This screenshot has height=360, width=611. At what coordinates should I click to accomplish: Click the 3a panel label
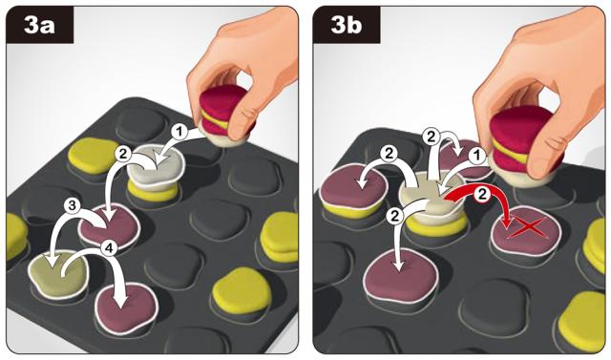click(x=39, y=26)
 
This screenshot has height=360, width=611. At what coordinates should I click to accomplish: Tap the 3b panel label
click(x=346, y=26)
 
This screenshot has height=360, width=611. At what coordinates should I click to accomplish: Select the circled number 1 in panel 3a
click(x=179, y=132)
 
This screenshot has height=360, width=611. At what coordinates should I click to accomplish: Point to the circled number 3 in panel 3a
click(x=73, y=206)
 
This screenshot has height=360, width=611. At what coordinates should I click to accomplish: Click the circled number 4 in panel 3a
click(x=109, y=247)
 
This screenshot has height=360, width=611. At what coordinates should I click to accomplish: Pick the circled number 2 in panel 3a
click(x=123, y=154)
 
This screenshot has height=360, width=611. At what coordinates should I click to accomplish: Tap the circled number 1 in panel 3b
click(x=475, y=157)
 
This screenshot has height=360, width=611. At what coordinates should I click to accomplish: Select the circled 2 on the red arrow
click(x=482, y=195)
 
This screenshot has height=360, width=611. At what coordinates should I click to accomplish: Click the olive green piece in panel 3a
click(x=58, y=274)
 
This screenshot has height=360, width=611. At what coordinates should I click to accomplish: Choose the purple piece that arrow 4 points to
click(x=126, y=307)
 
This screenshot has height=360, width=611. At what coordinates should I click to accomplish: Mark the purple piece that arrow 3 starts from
click(x=109, y=227)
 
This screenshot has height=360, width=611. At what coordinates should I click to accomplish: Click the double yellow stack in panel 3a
click(x=279, y=237)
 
